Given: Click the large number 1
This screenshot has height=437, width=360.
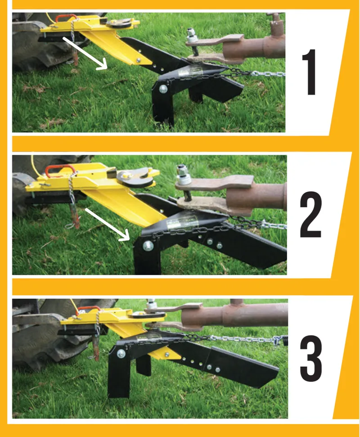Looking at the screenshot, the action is (310, 72).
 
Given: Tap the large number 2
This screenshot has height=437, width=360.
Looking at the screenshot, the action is (310, 214).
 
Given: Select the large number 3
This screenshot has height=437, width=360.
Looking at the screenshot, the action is (311, 358).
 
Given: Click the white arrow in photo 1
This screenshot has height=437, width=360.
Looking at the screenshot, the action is (85, 53).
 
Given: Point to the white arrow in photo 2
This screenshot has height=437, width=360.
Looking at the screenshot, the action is (107, 225).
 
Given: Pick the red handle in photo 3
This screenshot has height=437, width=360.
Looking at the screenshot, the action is (88, 309).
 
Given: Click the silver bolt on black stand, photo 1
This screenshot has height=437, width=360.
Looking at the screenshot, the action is (163, 89).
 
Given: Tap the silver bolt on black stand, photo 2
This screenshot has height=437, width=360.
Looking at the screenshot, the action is (148, 246).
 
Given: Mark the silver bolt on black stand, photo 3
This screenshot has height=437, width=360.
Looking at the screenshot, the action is (121, 353).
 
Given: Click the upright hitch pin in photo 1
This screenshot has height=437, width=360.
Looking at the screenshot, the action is (192, 42).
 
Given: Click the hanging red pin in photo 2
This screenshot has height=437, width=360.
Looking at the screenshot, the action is (76, 214).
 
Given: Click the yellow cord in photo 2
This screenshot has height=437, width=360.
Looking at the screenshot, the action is (34, 167).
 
